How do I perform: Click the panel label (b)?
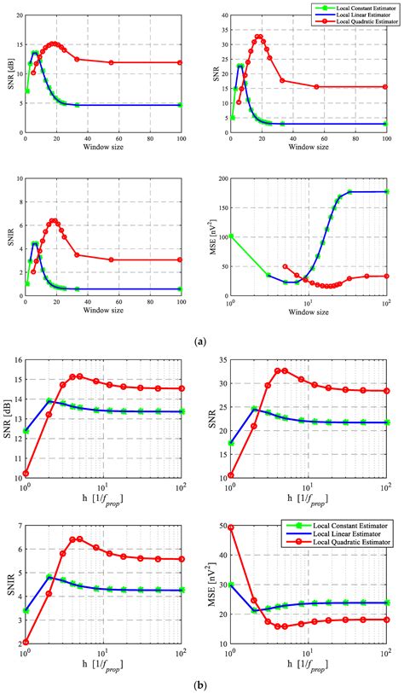201,684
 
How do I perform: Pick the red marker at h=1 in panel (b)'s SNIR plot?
26,642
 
